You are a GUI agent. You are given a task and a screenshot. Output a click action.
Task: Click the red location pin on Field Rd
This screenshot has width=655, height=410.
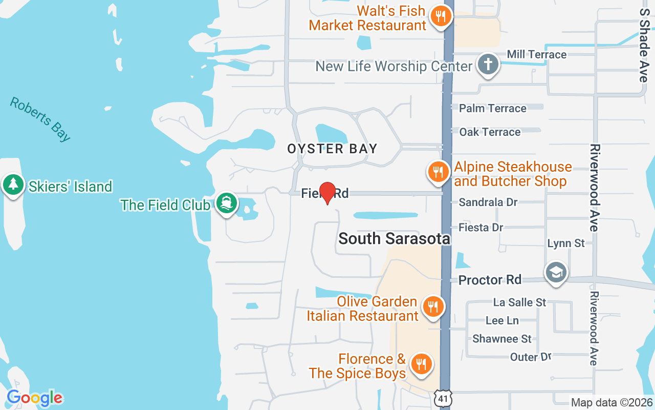tap(327, 193)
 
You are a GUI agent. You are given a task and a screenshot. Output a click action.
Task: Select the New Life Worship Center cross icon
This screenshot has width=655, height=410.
tap(488, 65)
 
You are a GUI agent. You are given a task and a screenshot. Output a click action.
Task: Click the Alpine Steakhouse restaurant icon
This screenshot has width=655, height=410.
tap(438, 172)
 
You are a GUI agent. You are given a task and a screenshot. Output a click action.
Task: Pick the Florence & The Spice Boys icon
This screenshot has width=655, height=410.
tap(421, 364)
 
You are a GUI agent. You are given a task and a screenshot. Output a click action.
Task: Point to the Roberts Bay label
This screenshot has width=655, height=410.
tap(40, 119)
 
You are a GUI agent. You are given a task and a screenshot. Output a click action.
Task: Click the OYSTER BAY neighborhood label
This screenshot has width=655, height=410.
tap(332, 149)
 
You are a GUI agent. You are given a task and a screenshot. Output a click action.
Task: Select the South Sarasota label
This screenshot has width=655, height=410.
tap(394, 238)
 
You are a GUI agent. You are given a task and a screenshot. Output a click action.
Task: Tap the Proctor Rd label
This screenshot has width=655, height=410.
tap(490, 280)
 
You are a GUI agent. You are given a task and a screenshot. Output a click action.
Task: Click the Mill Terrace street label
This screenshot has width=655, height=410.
tap(536, 54)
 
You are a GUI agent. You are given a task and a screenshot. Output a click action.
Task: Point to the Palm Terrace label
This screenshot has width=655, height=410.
tap(492, 108)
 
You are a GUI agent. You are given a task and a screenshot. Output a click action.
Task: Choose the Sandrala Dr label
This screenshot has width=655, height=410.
tap(488, 202)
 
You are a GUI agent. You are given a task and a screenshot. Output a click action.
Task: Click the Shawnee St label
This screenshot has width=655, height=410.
tap(502, 339)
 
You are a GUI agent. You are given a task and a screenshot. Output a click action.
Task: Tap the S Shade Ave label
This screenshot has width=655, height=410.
tap(644, 45)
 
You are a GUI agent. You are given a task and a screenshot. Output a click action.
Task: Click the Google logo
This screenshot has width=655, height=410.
tap(34, 398)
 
